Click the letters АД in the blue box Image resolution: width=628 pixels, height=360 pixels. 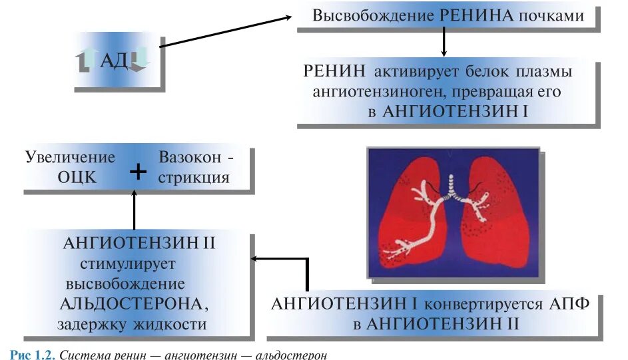(114, 62)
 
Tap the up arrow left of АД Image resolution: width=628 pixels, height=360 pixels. (87, 61)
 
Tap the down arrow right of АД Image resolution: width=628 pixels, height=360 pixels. (141, 59)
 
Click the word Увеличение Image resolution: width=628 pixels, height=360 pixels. (71, 158)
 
